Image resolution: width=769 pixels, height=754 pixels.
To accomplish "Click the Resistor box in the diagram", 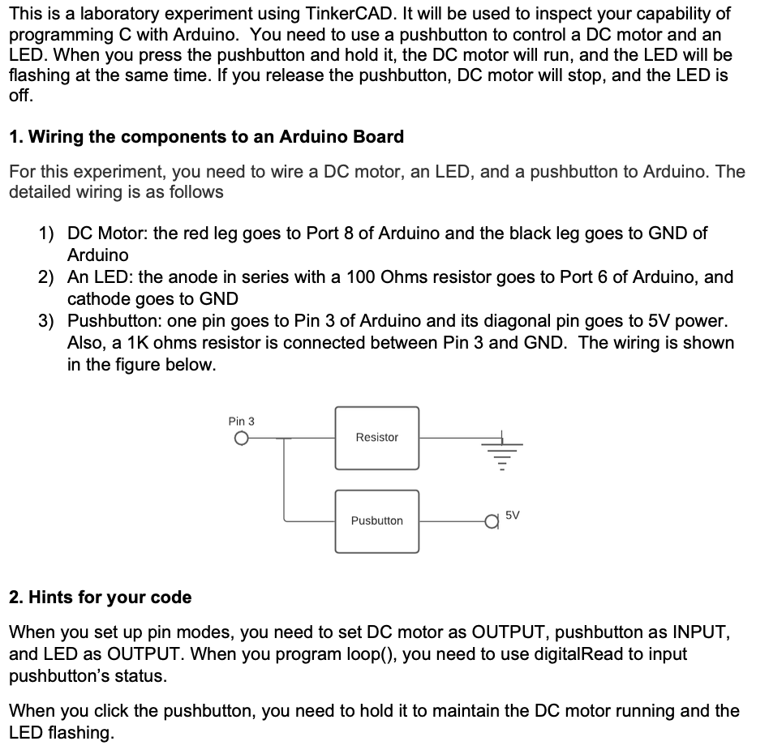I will tap(377, 438).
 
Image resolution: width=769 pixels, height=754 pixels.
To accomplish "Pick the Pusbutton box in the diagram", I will tap(377, 521).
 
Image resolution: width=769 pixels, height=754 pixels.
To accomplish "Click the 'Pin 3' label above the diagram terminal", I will tap(241, 421).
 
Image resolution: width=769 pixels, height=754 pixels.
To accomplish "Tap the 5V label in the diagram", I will tap(513, 515).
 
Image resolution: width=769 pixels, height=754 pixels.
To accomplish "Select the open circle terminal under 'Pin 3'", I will tap(240, 439).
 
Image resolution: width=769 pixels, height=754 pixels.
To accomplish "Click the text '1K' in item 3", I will tap(144, 343).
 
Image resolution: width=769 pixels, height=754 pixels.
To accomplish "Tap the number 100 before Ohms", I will tap(361, 277).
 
